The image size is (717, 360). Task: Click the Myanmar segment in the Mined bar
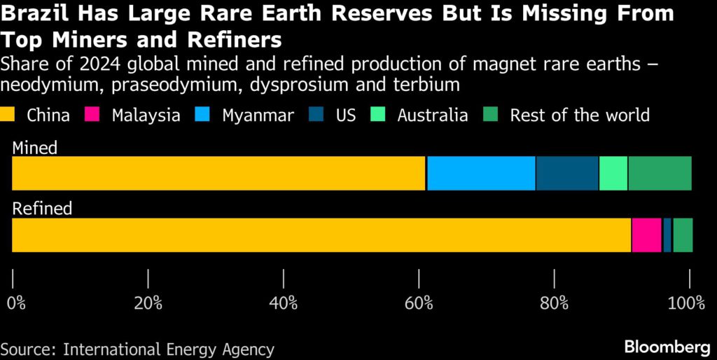point(481,173)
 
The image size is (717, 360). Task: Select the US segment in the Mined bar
point(567,173)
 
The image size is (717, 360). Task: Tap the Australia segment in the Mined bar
point(613,173)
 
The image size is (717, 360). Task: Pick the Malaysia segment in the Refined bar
point(646,235)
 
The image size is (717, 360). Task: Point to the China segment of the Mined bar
point(219,173)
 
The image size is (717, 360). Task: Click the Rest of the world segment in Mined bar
point(660,173)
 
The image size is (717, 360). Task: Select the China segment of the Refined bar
point(321,235)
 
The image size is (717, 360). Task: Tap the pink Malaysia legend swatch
point(93,115)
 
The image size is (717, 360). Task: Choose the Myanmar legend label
point(258,115)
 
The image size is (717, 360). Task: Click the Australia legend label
point(432,115)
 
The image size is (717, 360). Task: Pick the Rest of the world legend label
point(580,115)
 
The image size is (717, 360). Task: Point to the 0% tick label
point(16,303)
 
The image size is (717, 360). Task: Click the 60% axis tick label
point(419,303)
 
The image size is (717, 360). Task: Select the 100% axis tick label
point(686,303)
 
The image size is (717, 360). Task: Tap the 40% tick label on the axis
point(284,303)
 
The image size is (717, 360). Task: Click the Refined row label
point(42,208)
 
